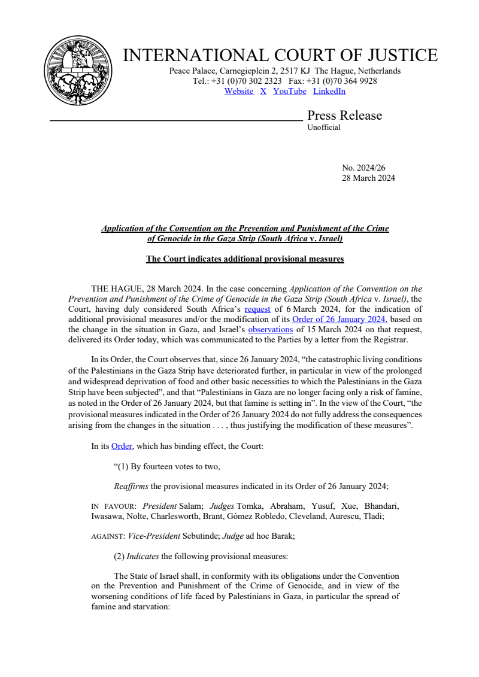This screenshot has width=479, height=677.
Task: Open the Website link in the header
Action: click(239, 92)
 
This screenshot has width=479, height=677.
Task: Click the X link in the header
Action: click(263, 92)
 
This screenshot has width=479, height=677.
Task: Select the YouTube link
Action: click(290, 92)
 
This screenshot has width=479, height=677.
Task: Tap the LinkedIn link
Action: click(329, 92)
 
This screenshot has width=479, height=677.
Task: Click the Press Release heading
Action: click(344, 116)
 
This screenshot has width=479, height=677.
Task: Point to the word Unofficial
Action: click(324, 127)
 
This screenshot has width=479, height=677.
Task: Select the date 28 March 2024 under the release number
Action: click(368, 178)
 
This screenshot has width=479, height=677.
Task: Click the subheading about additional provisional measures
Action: click(245, 259)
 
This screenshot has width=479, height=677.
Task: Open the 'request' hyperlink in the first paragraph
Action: click(257, 309)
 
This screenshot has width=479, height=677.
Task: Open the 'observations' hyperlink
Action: click(271, 329)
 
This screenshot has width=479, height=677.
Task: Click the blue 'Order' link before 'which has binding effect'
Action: click(122, 446)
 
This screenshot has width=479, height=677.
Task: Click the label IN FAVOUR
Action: click(113, 506)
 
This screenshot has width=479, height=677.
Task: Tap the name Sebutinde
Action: click(202, 537)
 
